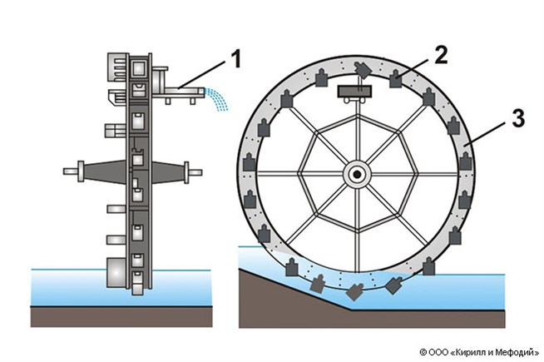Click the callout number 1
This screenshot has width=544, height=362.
pos(236,61)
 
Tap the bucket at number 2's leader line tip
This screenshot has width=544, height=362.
pos(398,80)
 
